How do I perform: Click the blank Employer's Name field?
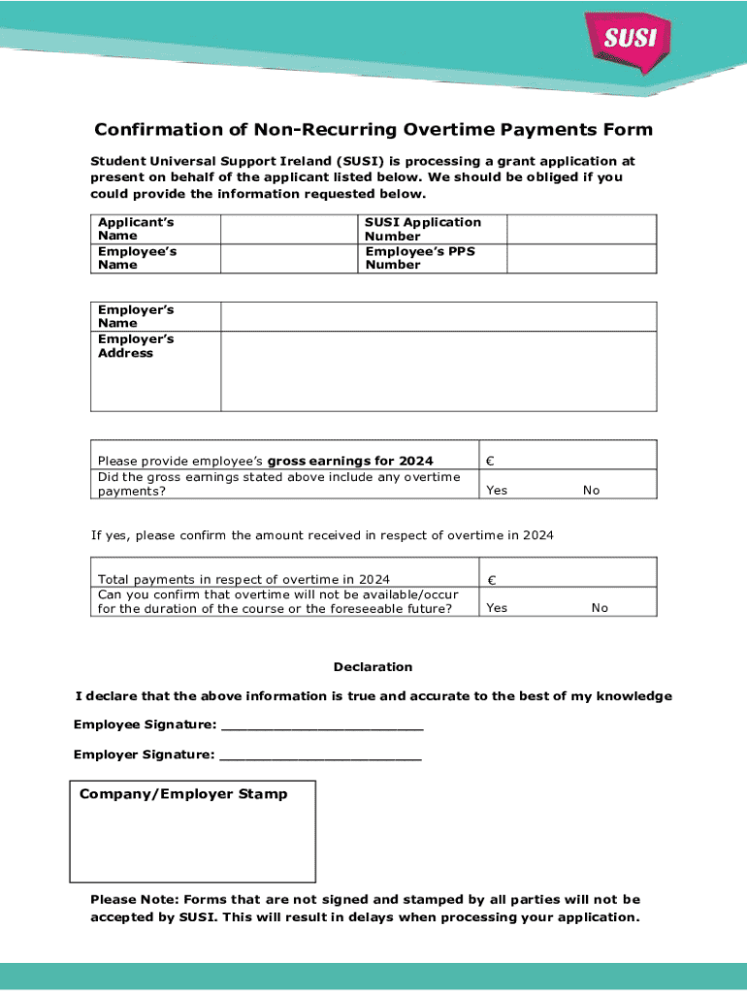438,316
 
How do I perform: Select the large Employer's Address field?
438,371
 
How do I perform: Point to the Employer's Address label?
125,346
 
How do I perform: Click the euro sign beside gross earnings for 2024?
491,462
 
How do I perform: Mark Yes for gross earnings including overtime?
497,491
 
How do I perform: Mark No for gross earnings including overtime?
591,491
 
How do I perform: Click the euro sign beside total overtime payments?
491,580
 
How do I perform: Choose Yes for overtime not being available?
497,608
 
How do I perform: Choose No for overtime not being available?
600,608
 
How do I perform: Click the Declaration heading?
373,667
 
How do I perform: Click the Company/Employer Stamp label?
183,794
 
